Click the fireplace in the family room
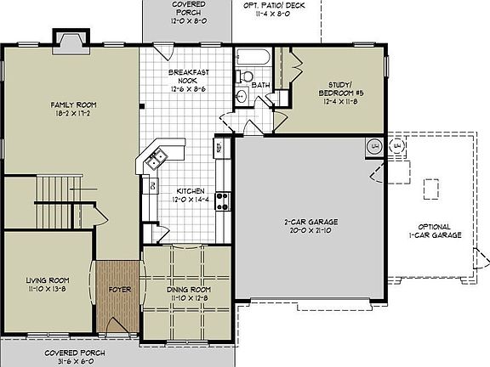[70, 39]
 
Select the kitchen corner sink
[157, 157]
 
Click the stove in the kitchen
[221, 200]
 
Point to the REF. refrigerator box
[219, 148]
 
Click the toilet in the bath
[248, 76]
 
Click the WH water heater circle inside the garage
[373, 147]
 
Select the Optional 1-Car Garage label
[440, 230]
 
